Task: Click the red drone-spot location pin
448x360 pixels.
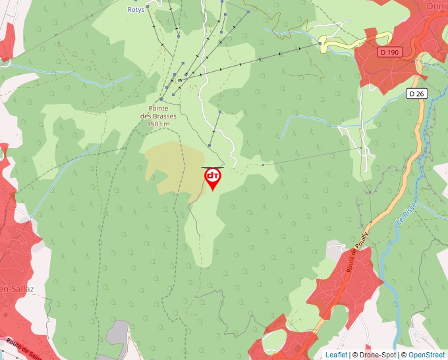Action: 213,178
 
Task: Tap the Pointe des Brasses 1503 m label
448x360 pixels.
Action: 158,116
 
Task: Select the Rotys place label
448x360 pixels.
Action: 136,10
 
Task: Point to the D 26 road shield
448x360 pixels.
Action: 416,93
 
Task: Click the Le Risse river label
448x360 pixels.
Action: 406,218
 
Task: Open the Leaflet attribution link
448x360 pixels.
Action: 336,355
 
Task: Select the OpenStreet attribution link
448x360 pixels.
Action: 427,355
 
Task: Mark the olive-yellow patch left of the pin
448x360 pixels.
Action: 173,165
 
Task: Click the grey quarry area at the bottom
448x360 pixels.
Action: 118,333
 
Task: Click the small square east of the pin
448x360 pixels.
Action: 263,165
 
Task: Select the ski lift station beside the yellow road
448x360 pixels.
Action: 321,43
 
